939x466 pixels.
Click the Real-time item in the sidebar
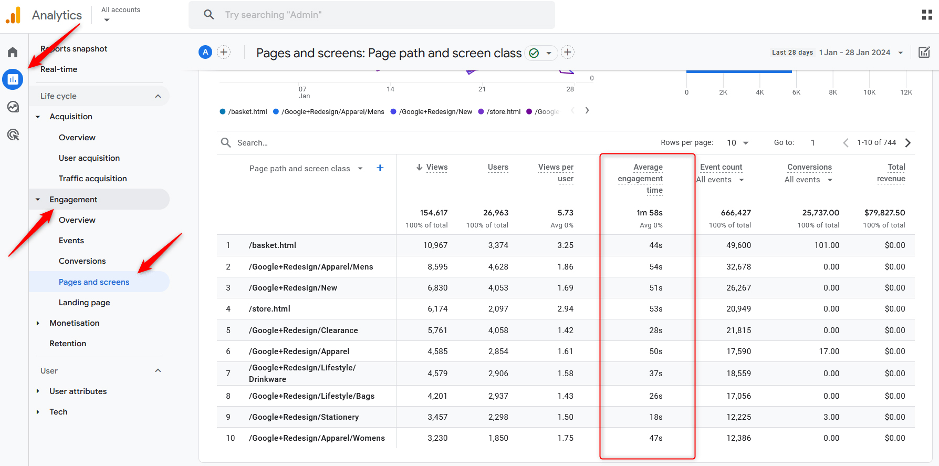coord(59,69)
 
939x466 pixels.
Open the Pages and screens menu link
coord(94,282)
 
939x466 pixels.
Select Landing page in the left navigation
coord(84,303)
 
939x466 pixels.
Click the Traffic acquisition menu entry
coord(92,179)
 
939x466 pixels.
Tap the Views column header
coord(436,167)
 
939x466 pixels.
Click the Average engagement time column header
coord(640,179)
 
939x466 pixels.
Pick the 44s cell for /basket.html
coord(655,245)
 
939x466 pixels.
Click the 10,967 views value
coord(435,245)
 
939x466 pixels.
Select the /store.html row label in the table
coord(269,309)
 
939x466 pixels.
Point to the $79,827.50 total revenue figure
coord(884,213)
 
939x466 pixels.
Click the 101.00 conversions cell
coord(827,245)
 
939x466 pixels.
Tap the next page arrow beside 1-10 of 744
coord(908,143)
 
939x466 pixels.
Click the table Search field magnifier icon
coord(226,143)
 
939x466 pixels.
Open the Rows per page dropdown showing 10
coord(737,143)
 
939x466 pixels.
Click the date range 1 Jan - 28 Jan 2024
coord(855,53)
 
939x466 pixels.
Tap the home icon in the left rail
coord(13,52)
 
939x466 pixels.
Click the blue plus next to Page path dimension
coord(380,168)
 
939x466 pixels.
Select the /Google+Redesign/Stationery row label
coord(304,417)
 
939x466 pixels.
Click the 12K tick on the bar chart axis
coord(906,92)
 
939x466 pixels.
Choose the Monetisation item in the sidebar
coord(74,323)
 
